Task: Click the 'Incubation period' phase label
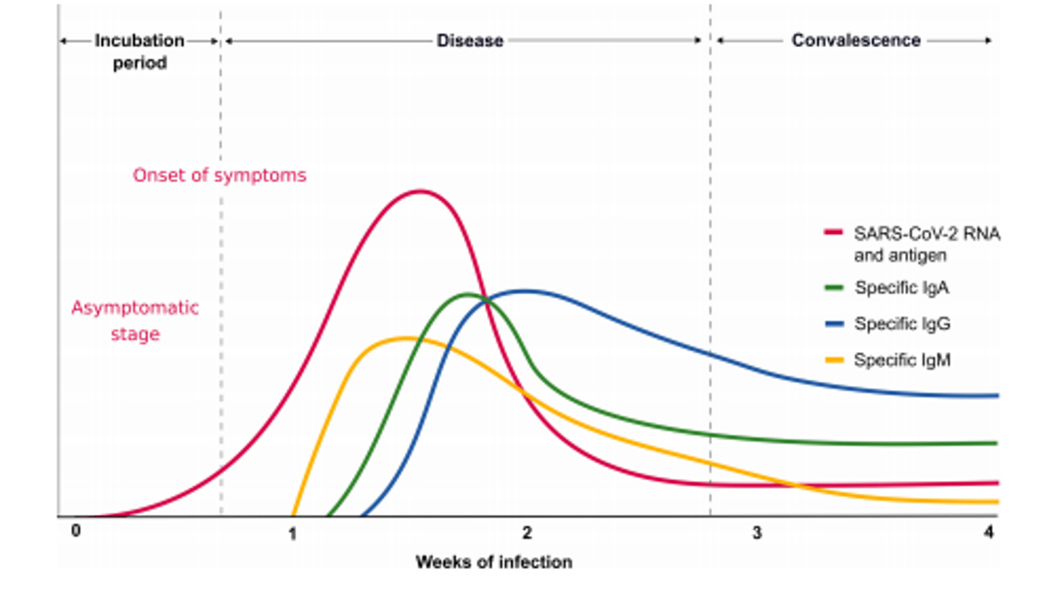coord(139,51)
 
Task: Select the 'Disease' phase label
coord(470,41)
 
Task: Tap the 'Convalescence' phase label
coord(856,41)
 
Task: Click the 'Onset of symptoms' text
coord(219,175)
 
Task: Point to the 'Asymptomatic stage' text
coord(135,320)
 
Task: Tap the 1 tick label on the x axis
coord(292,534)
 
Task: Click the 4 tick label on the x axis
coord(989,532)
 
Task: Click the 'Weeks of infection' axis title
coord(493,562)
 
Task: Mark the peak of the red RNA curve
coord(419,191)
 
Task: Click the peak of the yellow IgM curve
coord(405,338)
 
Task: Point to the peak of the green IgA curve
coord(467,294)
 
